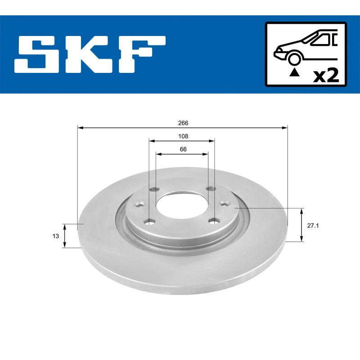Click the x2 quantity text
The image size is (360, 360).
point(325,75)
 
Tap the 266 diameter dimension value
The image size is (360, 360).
point(183,123)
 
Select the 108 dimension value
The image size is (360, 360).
point(183,136)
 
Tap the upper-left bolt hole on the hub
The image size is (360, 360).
point(155,189)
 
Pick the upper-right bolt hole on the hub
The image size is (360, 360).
point(209,189)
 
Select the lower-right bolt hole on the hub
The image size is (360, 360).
point(215,221)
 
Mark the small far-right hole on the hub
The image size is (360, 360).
point(224,203)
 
